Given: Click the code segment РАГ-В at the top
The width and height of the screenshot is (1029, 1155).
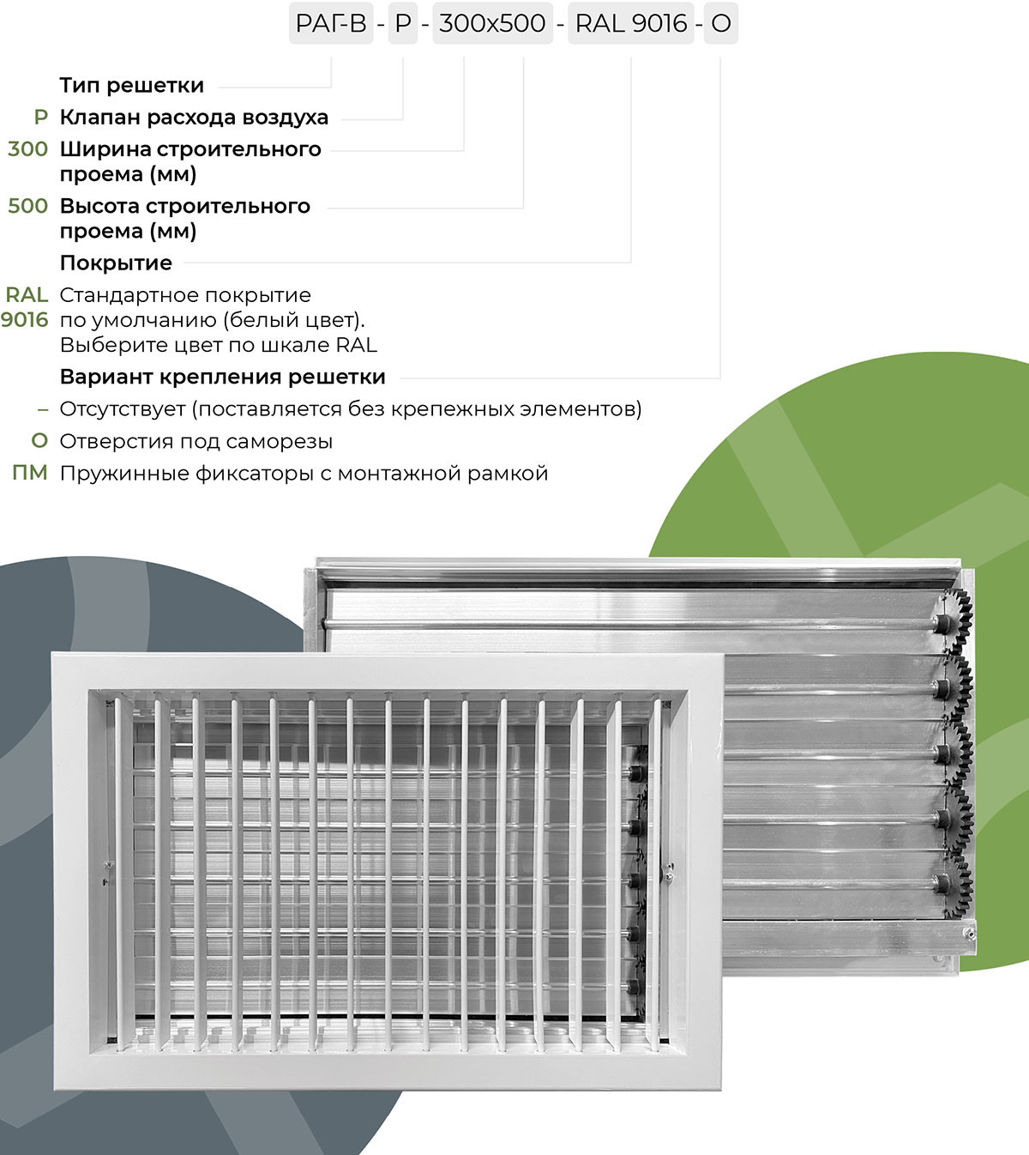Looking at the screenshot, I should click(331, 24).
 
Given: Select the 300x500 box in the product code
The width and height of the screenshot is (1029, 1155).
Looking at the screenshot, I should click(492, 24).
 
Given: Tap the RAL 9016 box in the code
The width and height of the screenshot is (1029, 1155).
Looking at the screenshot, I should click(631, 24).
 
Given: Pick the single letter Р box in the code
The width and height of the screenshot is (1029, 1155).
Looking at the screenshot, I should click(403, 24).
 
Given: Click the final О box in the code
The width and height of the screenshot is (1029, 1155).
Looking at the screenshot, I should click(720, 24).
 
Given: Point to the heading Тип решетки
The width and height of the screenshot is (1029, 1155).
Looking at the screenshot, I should click(132, 86).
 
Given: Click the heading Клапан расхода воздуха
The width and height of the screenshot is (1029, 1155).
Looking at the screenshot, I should click(194, 118).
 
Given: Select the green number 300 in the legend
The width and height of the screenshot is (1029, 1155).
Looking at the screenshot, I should click(27, 149).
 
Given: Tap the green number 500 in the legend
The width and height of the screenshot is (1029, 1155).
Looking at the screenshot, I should click(27, 207).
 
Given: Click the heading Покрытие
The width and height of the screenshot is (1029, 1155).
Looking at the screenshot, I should click(116, 263).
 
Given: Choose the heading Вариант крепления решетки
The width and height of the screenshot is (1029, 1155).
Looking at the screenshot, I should click(223, 378).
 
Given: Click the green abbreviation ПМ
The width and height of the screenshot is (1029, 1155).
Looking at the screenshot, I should click(30, 474).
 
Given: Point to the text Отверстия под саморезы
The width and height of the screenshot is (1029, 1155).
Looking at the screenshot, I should click(196, 442).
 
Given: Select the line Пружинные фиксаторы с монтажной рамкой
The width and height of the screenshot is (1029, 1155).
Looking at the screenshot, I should click(304, 474).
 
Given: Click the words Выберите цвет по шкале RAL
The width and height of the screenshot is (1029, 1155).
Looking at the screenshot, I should click(219, 346).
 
